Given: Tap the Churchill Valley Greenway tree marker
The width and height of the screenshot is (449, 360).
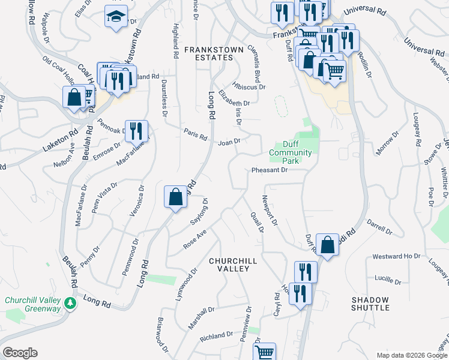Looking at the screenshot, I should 71,302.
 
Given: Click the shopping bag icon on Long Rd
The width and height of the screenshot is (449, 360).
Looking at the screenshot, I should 175,196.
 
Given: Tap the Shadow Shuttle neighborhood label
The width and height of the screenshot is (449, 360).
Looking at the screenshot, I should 370,304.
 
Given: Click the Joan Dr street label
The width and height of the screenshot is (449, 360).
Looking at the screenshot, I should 229,143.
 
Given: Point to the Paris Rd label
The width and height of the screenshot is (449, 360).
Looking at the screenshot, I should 195,136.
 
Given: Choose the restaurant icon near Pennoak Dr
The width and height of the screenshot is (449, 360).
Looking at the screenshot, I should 137,130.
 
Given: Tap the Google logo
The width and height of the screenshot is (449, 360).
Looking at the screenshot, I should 20,353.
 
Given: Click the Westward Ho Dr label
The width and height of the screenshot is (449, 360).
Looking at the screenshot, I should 396,256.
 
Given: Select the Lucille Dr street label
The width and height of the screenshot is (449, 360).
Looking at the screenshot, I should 387,280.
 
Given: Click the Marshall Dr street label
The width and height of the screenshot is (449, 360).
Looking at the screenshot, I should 200,315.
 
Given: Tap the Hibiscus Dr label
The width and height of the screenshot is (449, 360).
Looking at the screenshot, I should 250,87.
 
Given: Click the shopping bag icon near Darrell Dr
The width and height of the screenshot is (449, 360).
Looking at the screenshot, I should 327,245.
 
